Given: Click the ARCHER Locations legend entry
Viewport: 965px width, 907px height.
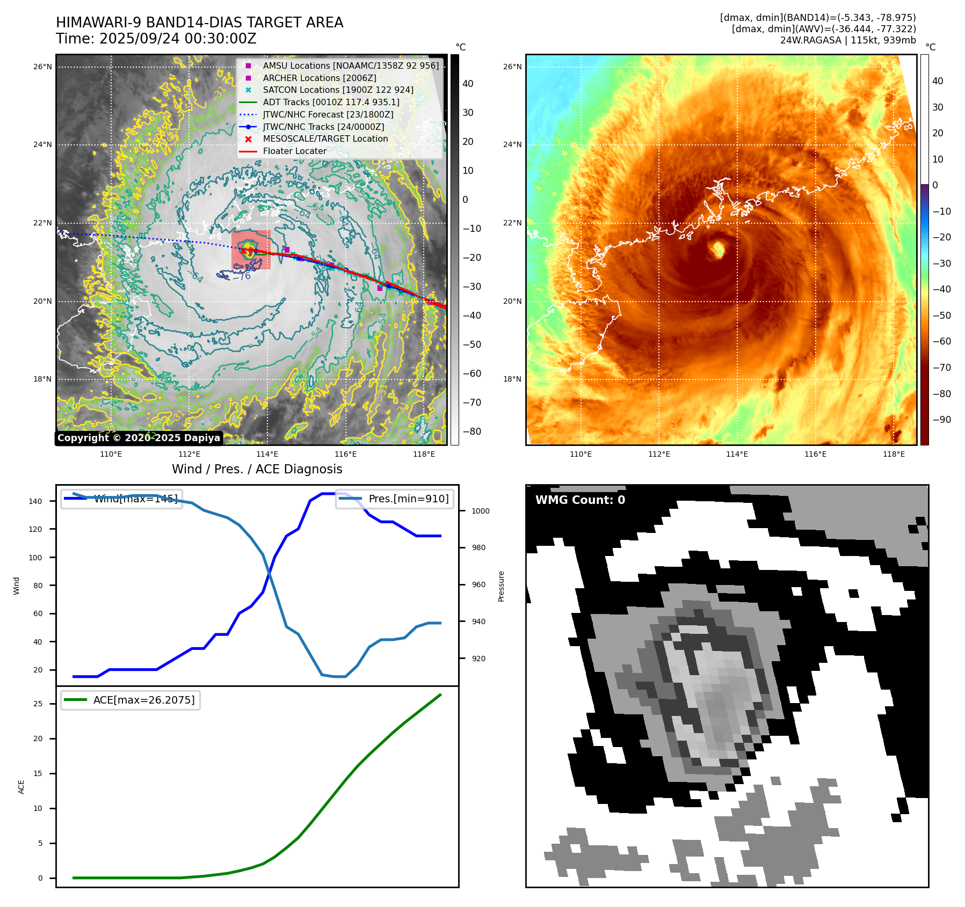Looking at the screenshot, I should coord(320,78).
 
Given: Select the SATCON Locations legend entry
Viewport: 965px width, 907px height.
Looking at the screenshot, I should coord(338,90).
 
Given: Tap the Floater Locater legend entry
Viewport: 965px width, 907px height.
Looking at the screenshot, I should coord(294,151).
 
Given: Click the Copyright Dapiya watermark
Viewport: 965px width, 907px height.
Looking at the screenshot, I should coord(139,438).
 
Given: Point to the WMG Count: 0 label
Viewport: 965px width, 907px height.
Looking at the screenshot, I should coord(580,500).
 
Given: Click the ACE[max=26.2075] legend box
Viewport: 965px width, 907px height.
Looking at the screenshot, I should coord(130,700).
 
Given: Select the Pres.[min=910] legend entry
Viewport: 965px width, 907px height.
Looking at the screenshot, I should coord(395,499).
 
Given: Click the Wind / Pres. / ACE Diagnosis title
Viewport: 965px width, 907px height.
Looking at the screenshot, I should coord(257,470).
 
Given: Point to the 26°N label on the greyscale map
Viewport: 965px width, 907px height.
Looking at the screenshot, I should coord(43,67).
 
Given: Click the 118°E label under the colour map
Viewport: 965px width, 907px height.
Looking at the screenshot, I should coord(894,455).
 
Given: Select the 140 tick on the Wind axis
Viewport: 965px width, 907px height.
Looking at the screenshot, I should coord(35,501).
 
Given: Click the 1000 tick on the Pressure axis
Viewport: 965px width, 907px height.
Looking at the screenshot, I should coord(480,511).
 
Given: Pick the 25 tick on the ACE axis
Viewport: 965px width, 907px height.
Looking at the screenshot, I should coord(38,704).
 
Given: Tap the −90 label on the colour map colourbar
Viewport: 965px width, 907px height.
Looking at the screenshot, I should coord(941,420).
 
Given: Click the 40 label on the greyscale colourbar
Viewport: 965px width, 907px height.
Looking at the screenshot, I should coord(468,84).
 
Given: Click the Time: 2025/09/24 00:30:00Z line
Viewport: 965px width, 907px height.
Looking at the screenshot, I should coord(156,39).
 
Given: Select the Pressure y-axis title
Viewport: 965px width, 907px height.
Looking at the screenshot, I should coord(501,586).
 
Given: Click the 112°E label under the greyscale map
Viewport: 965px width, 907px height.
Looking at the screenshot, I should coord(189,455).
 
